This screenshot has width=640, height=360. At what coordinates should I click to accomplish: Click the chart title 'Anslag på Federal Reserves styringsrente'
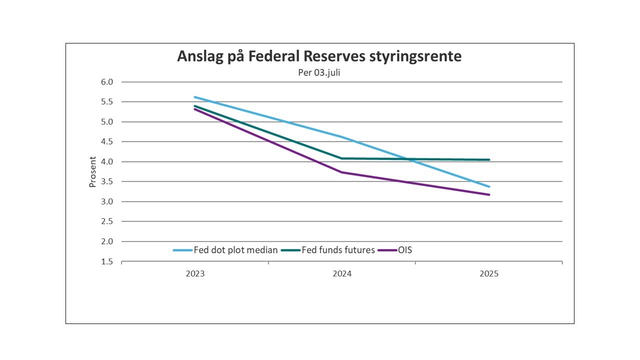(319, 56)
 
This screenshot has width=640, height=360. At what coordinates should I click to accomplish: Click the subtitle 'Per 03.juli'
(319, 72)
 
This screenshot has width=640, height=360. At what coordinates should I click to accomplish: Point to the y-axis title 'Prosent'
(92, 172)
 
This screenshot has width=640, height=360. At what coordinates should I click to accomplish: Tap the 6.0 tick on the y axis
(107, 82)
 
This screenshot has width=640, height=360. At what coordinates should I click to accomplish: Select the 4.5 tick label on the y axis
(107, 142)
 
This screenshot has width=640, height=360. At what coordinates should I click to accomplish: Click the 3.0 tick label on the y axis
(107, 201)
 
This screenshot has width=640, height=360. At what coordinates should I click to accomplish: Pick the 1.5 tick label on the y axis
(107, 261)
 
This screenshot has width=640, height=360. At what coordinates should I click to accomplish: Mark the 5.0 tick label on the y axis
(107, 122)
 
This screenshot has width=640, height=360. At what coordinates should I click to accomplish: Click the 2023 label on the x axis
(195, 274)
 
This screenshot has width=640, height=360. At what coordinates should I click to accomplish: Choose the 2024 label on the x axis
(342, 274)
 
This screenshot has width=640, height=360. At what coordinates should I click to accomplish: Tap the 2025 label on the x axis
(489, 274)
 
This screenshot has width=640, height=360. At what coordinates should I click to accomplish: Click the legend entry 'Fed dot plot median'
(235, 250)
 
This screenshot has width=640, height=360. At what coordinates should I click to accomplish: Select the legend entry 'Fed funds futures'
(338, 250)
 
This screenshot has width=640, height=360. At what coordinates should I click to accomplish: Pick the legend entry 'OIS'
(405, 250)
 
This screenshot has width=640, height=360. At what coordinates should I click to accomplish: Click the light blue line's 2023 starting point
(195, 97)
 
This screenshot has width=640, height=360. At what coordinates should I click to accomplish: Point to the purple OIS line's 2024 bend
(342, 172)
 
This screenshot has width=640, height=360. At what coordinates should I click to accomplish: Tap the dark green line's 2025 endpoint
(489, 160)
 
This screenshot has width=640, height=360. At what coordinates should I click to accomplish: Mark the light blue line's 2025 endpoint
(489, 186)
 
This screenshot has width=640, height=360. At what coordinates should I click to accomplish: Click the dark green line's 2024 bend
(342, 158)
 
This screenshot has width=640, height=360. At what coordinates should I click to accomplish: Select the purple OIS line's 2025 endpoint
(489, 194)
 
